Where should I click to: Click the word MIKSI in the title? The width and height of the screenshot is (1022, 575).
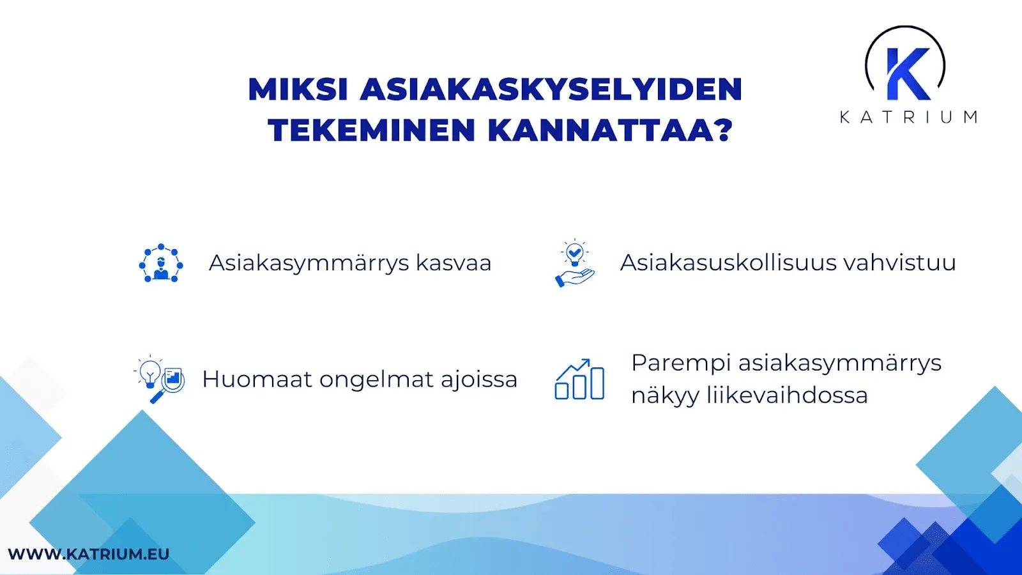click(x=298, y=89)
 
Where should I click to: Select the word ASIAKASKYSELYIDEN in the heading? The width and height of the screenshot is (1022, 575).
click(x=551, y=89)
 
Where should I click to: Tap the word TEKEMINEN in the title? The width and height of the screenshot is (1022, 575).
click(x=372, y=130)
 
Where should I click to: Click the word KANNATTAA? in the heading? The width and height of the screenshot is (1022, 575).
click(x=610, y=130)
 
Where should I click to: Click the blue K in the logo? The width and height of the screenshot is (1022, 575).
click(x=907, y=74)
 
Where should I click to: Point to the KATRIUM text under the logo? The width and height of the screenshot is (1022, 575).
click(x=908, y=117)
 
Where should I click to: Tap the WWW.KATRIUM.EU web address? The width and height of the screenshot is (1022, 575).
click(x=89, y=554)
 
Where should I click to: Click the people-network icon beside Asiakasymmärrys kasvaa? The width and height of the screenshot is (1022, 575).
click(x=161, y=263)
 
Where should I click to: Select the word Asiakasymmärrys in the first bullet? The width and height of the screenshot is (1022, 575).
click(x=309, y=263)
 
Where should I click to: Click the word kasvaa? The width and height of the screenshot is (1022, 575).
click(x=453, y=263)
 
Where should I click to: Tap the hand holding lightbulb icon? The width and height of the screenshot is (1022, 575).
click(x=574, y=263)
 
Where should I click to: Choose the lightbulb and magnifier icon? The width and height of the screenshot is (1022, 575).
click(x=160, y=379)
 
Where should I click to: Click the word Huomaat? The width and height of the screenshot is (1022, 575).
click(x=257, y=379)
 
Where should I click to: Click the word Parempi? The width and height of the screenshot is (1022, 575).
click(x=681, y=363)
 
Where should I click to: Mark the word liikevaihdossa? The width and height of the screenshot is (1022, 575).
click(x=786, y=395)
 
